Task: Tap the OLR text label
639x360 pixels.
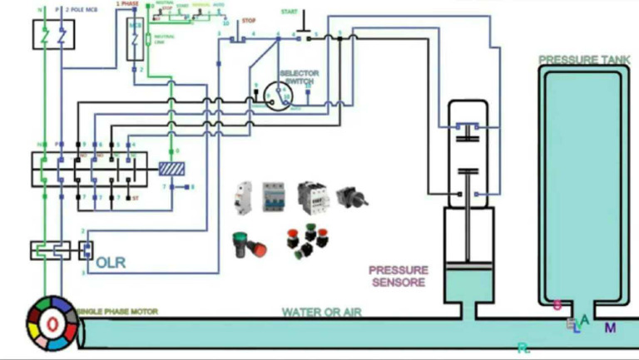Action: tap(111, 263)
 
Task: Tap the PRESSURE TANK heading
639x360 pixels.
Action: tap(581, 60)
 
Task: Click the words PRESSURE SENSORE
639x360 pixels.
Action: tap(399, 276)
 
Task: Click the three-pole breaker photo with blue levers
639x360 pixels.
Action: tap(274, 196)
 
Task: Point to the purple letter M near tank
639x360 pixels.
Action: tap(610, 328)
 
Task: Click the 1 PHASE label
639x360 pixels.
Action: tap(126, 4)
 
